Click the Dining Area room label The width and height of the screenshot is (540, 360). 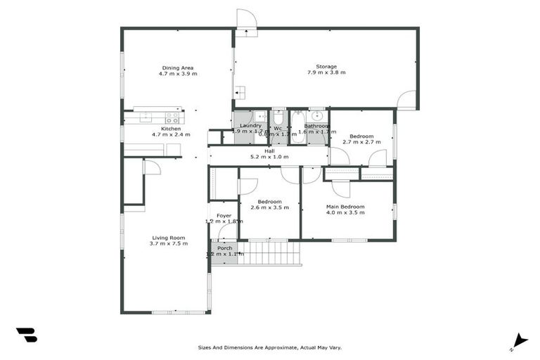(x=177, y=67)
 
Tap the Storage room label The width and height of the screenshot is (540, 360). (x=326, y=67)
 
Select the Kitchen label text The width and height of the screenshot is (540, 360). (x=171, y=129)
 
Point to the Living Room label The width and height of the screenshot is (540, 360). (x=168, y=238)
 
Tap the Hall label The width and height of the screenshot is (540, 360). (x=269, y=150)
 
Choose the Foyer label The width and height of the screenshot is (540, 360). (x=224, y=215)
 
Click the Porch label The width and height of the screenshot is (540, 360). (x=224, y=247)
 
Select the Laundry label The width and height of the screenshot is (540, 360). (x=250, y=125)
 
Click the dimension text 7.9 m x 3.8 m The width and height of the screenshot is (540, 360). (x=326, y=72)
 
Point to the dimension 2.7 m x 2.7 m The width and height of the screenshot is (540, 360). (x=361, y=142)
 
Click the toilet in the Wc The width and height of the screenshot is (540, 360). (x=278, y=117)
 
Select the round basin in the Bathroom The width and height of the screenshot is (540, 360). (x=317, y=116)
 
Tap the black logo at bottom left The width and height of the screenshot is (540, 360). (x=26, y=335)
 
